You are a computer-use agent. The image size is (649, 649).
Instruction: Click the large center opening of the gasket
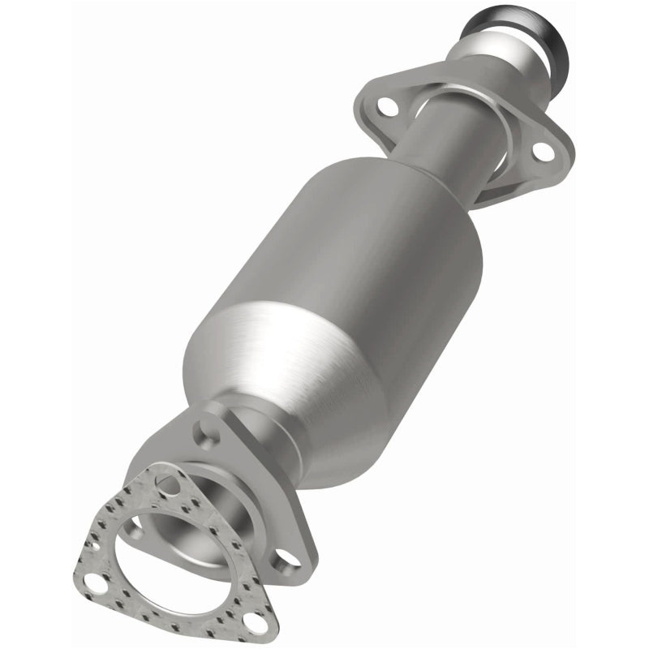pos(174,560)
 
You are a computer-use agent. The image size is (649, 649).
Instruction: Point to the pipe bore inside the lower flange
pos(203,519)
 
